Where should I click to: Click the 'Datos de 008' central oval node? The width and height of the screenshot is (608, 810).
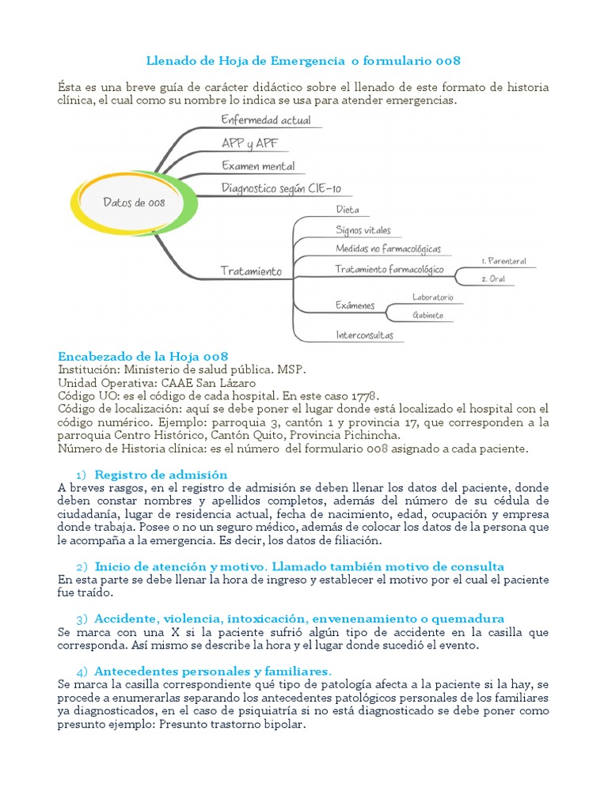tap(135, 202)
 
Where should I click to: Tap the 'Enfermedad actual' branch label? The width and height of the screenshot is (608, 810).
tap(266, 121)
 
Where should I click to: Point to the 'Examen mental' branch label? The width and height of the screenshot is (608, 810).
tap(258, 166)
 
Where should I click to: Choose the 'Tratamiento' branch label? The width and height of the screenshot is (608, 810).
tap(251, 271)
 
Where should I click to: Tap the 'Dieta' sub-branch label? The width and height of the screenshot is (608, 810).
tap(348, 210)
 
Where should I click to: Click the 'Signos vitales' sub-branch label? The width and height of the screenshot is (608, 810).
tap(363, 230)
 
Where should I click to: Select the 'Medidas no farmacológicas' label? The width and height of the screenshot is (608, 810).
tap(388, 249)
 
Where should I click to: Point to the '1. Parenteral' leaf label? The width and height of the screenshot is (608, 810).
tap(503, 261)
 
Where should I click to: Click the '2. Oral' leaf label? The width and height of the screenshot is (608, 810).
tap(493, 279)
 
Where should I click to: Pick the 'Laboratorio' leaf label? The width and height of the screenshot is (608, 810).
tap(432, 297)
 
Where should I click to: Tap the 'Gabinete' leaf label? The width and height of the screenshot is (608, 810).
tap(427, 315)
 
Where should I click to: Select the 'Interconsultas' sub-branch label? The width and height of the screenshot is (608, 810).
tap(364, 335)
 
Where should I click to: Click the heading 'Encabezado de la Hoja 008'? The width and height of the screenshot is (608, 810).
tap(143, 356)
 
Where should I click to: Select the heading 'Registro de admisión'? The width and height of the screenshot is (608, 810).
tap(161, 475)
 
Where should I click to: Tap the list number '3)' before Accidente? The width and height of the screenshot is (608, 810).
tap(82, 618)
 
